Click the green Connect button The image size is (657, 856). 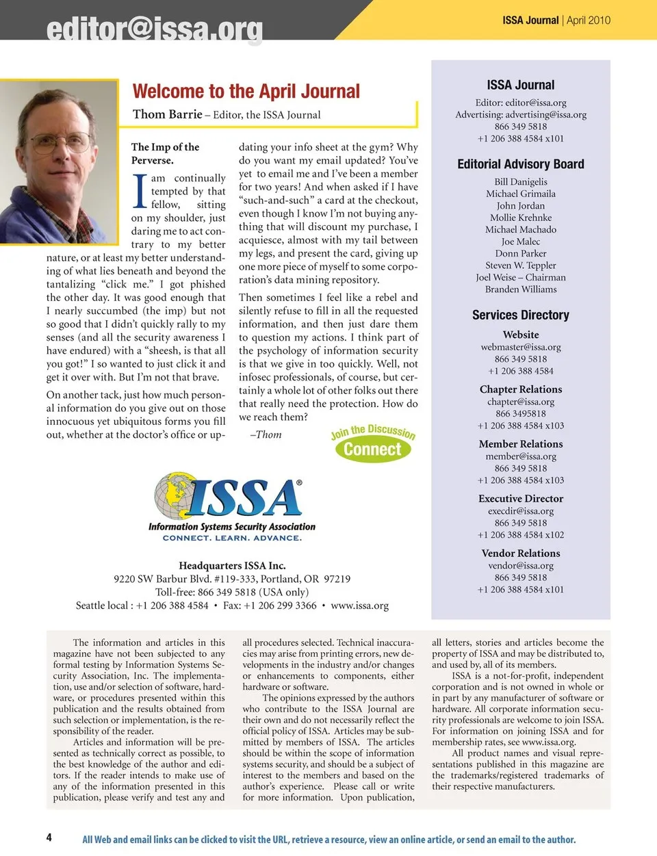tap(372, 450)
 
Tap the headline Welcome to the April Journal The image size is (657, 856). tap(246, 92)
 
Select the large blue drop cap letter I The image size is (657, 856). tap(140, 192)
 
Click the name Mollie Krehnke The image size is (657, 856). tap(521, 218)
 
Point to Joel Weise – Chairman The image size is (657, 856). tap(521, 277)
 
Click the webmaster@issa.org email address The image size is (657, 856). tap(521, 347)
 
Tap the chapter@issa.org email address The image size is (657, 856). tap(521, 402)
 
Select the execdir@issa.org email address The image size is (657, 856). tap(521, 511)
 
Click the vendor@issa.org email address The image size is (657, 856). tap(521, 566)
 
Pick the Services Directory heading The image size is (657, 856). tap(521, 315)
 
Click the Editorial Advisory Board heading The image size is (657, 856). tap(521, 164)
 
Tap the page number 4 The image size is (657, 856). tap(49, 838)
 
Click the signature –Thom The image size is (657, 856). tap(266, 435)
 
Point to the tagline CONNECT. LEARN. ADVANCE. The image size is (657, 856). tap(232, 539)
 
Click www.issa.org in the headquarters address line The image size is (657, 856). tap(359, 606)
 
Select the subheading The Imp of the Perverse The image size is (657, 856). tap(165, 153)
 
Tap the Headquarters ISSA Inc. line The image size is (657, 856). tap(232, 566)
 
